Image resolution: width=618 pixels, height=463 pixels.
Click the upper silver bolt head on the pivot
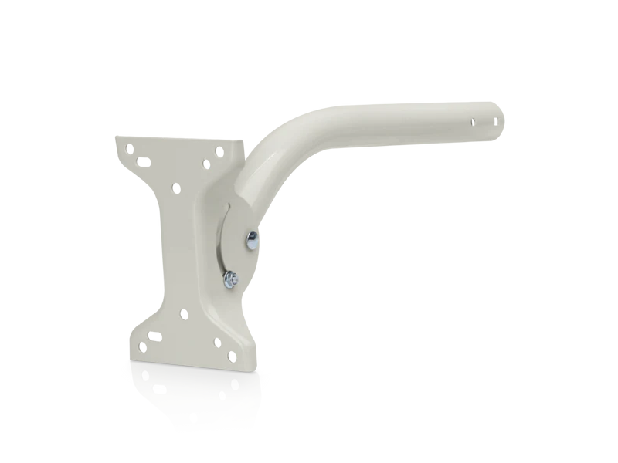pyautogui.click(x=253, y=239)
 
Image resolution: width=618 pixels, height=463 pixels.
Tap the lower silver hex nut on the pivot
pyautogui.click(x=231, y=280)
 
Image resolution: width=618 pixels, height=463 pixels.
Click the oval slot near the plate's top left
pyautogui.click(x=144, y=162)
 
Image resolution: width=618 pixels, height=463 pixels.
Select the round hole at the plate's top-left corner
pyautogui.click(x=130, y=149)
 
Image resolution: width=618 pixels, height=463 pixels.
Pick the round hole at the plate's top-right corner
pyautogui.click(x=219, y=152)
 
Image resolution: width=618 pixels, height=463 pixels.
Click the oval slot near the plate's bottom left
pyautogui.click(x=154, y=336)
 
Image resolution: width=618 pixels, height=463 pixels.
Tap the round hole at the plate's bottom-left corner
pyautogui.click(x=143, y=347)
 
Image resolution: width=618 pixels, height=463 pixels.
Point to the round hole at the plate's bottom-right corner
pyautogui.click(x=232, y=357)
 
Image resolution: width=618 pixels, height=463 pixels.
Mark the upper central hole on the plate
pyautogui.click(x=176, y=188)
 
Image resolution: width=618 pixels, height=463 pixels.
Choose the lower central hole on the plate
pyautogui.click(x=184, y=314)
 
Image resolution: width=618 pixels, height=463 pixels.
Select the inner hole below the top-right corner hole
pyautogui.click(x=206, y=164)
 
